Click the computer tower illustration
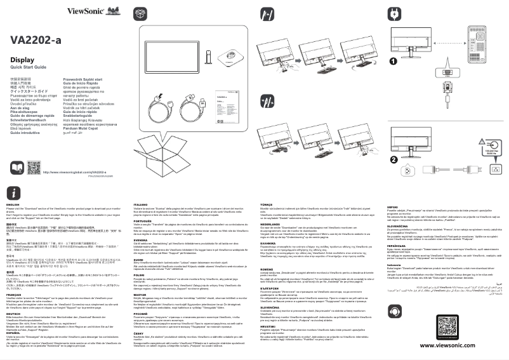click(x=478, y=46)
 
